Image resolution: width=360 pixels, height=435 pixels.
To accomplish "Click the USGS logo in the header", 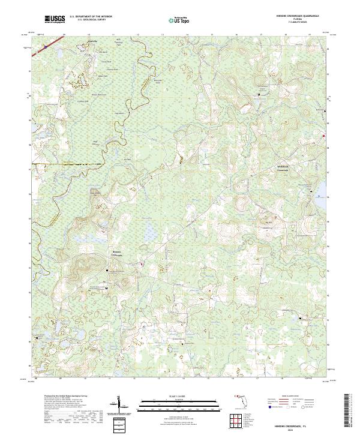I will pos(55,19).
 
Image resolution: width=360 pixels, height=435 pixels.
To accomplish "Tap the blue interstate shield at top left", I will pos(44,43).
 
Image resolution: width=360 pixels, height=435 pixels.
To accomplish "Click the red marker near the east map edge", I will pos(324,136).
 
